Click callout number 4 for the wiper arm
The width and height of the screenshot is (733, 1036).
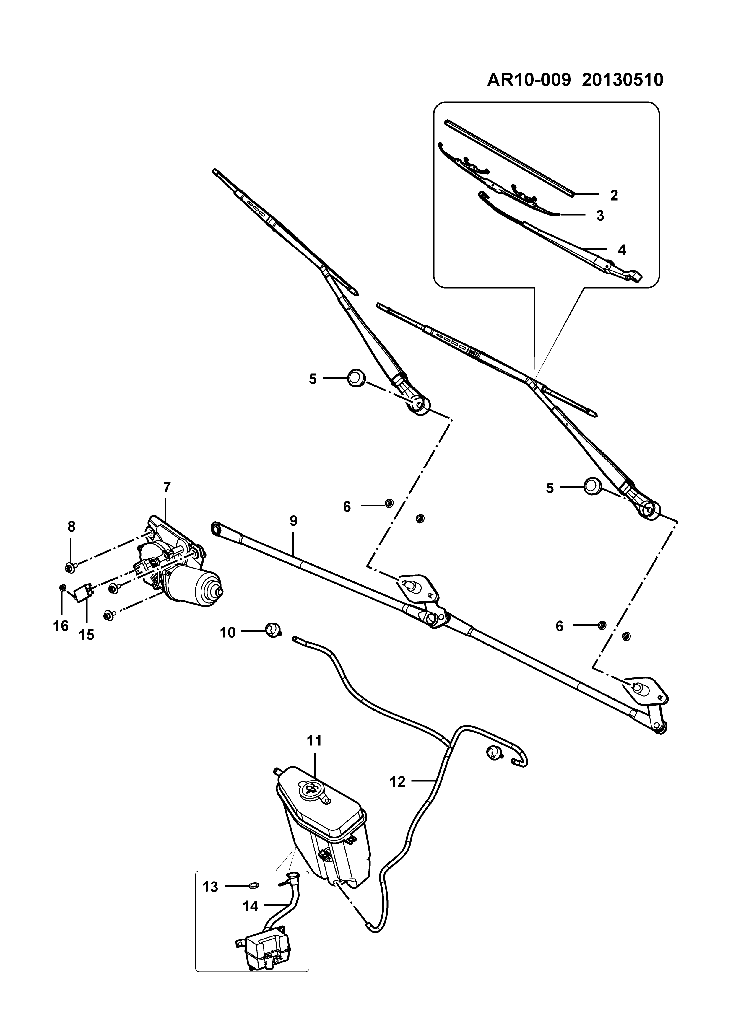(622, 250)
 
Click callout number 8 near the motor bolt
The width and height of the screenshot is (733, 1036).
(71, 527)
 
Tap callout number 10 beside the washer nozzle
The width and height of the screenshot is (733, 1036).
(228, 633)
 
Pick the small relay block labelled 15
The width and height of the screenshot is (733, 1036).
(84, 592)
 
